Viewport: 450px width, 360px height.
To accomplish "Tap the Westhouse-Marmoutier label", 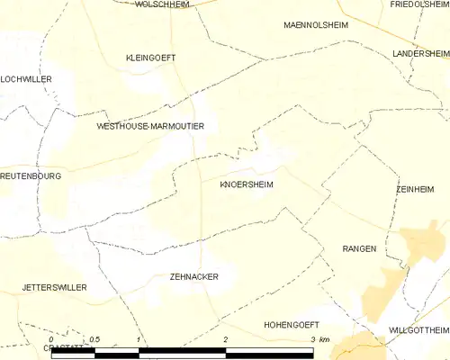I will pos(150,127).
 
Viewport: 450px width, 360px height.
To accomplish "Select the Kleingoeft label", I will pos(150,58).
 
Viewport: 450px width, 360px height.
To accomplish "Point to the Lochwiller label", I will pos(26,79).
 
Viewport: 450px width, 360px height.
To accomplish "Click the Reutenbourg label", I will pos(31,176).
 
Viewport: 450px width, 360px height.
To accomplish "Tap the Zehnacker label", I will pos(193,277).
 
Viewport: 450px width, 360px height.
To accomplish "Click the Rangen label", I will pos(359,248).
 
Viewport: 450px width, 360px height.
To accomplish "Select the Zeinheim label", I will pos(415,190).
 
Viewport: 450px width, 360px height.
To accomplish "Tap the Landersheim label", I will pos(420,54).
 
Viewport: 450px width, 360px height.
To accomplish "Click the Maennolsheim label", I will pos(315,24).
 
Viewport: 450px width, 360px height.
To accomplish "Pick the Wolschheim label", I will pos(160,4).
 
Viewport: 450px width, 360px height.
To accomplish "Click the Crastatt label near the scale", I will pos(63,347).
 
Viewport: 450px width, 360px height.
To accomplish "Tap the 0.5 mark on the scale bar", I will pos(94,339).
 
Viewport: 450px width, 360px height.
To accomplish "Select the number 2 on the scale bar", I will pos(225,339).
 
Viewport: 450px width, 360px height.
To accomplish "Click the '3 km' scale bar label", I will pos(319,339).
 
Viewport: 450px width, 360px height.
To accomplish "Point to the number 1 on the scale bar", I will pos(138,339).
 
